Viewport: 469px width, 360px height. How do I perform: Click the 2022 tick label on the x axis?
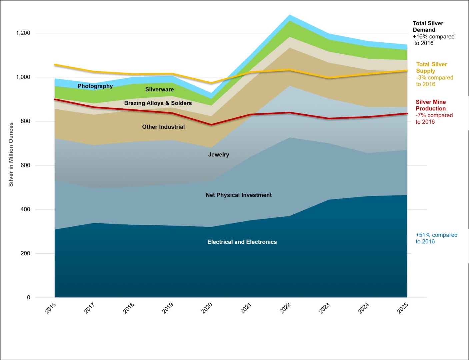[x=285, y=308]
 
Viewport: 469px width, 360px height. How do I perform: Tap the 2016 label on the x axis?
[x=50, y=308]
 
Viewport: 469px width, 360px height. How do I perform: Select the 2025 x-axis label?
[x=403, y=308]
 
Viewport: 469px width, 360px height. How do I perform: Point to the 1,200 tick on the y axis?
[x=23, y=33]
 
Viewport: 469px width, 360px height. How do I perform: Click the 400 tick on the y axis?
[x=25, y=209]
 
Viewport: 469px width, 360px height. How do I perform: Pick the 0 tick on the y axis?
[x=29, y=297]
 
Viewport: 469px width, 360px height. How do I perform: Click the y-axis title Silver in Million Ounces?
[x=11, y=154]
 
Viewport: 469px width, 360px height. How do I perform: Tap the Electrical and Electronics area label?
[x=242, y=242]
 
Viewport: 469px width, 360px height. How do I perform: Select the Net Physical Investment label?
[x=239, y=195]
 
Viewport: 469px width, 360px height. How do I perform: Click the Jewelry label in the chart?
[x=219, y=155]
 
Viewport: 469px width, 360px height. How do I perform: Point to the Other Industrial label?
[x=163, y=127]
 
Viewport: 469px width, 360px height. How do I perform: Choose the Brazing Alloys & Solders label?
[x=158, y=103]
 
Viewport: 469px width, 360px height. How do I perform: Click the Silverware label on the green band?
[x=159, y=89]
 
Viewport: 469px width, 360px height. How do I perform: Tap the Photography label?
[x=95, y=86]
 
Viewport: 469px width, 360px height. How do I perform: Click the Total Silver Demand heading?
[x=428, y=27]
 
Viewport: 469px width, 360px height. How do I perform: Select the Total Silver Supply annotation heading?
[x=431, y=68]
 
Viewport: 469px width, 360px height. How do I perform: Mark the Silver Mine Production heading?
[x=431, y=105]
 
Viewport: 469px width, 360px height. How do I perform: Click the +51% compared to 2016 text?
[x=436, y=238]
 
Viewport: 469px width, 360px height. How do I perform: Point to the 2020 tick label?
[x=207, y=308]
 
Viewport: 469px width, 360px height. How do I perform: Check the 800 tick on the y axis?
[x=25, y=121]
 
